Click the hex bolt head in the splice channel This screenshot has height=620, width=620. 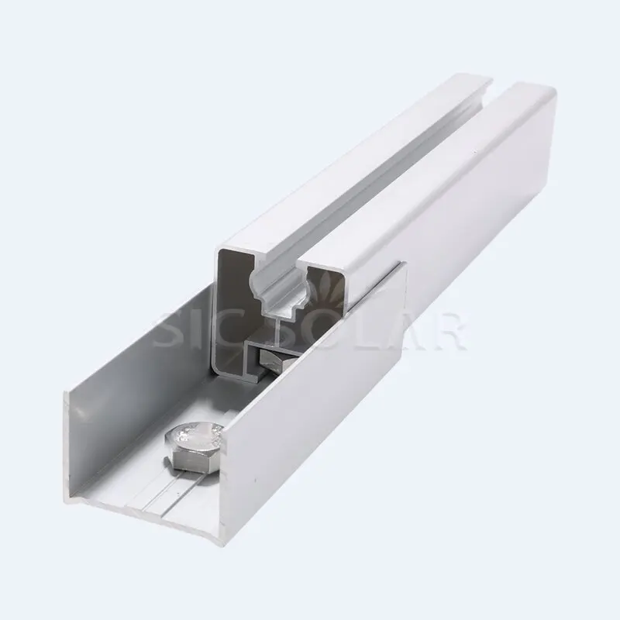(x=194, y=444)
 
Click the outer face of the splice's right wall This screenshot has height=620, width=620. (x=325, y=403)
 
